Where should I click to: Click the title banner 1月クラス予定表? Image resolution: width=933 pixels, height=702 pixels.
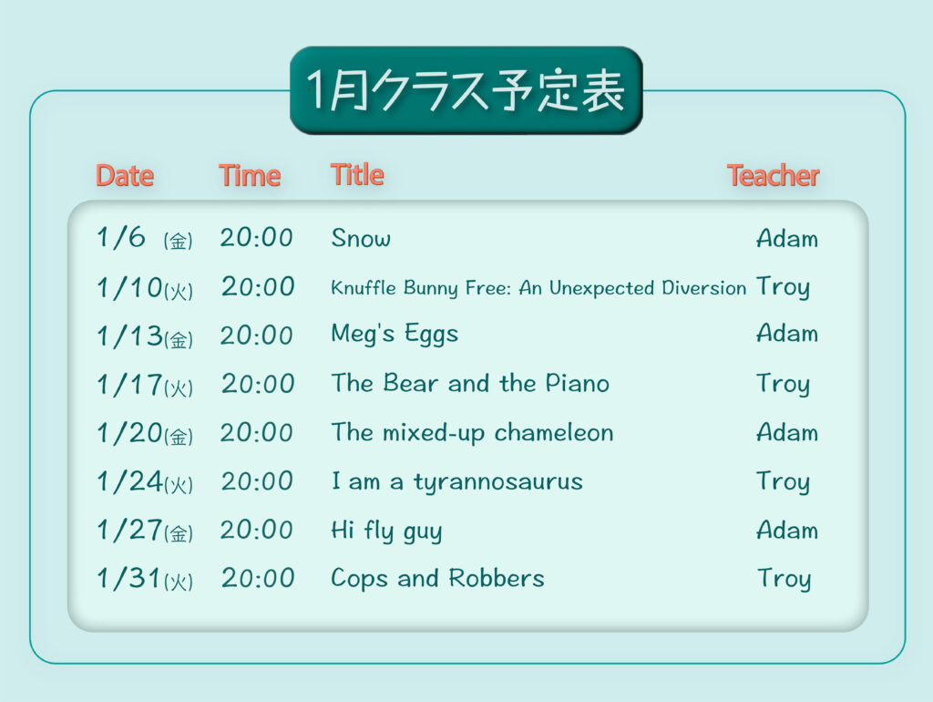coord(466,90)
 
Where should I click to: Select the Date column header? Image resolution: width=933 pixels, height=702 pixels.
coord(125,176)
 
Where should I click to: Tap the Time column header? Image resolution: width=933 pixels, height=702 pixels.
coord(250,176)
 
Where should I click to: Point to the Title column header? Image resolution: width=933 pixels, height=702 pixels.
coord(357,174)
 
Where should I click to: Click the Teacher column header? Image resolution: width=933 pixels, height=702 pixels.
coord(773,176)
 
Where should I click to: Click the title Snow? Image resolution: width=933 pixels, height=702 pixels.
coord(361,238)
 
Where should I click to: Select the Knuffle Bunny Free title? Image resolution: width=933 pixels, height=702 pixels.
coord(538,287)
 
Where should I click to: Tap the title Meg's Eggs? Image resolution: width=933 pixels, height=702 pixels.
coord(395,334)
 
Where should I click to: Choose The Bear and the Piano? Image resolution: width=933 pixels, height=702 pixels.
coord(470,383)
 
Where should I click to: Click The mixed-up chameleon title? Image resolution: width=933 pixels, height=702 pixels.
coord(472,433)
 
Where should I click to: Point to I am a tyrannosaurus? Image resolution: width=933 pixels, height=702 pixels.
coord(457,481)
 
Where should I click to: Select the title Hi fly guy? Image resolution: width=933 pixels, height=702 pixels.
coord(386,531)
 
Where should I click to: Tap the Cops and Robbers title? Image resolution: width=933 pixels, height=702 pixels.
coord(437,578)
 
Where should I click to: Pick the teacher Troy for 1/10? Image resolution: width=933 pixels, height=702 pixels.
coord(783,287)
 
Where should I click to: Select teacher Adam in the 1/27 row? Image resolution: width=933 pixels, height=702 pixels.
coord(787,530)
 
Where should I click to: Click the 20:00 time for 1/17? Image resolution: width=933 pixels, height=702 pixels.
coord(258,384)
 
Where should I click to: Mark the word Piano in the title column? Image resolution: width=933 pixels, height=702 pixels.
coord(577,383)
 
